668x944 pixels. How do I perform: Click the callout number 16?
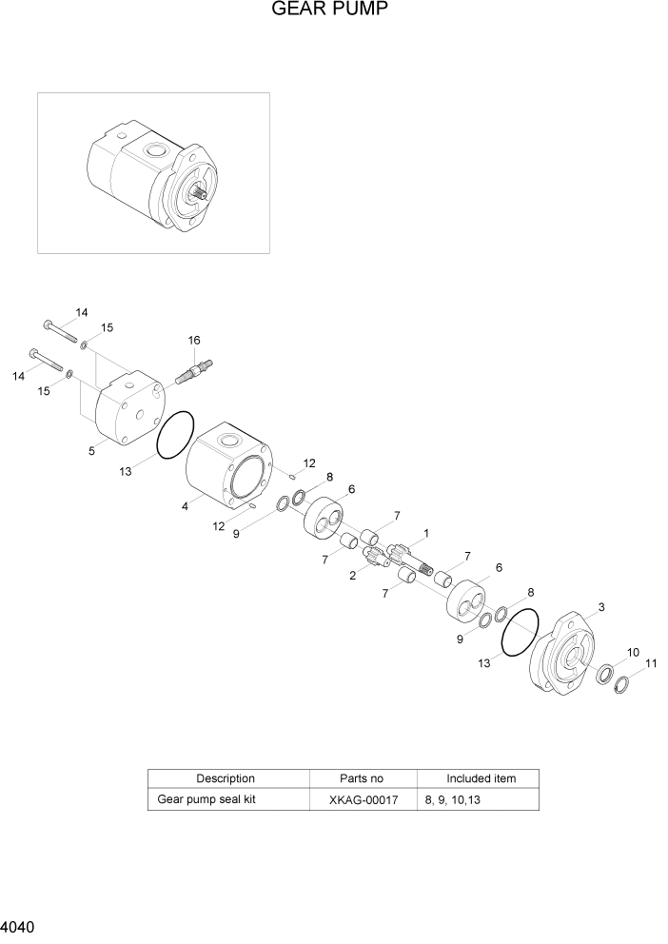(x=194, y=340)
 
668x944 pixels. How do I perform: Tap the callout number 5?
(x=92, y=451)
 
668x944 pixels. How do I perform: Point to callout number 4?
(x=185, y=507)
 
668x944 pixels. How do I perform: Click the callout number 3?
(x=600, y=607)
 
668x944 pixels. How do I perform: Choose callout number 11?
(x=651, y=663)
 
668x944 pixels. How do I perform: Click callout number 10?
(x=634, y=653)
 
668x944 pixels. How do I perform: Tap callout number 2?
(x=353, y=576)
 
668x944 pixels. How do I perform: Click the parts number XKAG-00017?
(x=363, y=800)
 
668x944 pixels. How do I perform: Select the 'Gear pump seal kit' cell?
(x=206, y=800)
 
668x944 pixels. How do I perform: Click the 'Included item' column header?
(x=481, y=778)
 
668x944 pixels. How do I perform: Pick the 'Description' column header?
(x=226, y=778)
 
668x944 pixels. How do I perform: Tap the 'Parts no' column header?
(x=363, y=778)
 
